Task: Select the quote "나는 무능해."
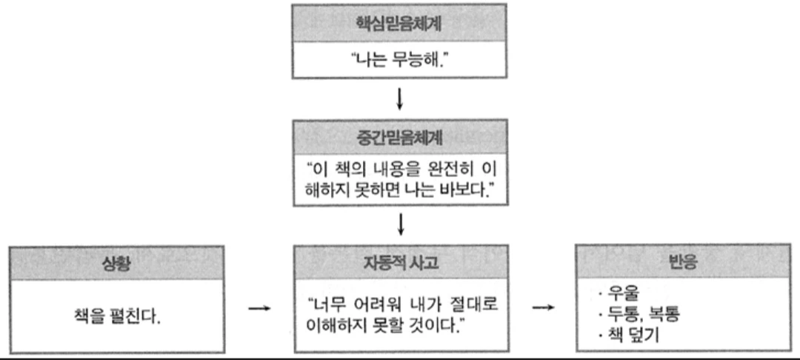click(x=400, y=59)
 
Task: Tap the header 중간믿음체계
click(x=400, y=136)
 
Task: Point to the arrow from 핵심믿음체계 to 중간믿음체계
click(x=400, y=97)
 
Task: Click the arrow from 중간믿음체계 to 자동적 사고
click(x=400, y=223)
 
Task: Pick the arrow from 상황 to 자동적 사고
click(x=259, y=307)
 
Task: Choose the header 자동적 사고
click(x=400, y=263)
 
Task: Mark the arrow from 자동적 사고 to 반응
click(x=544, y=307)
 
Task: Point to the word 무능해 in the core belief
click(x=421, y=59)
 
